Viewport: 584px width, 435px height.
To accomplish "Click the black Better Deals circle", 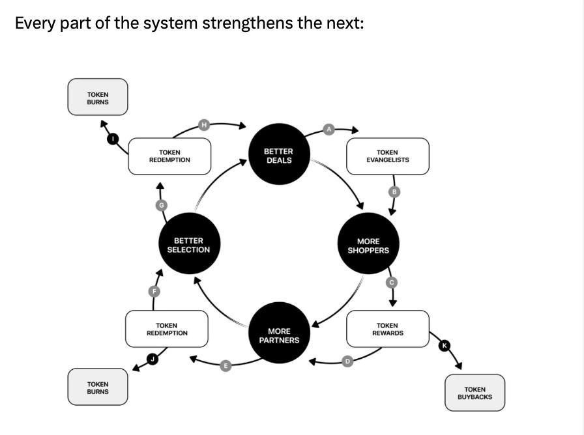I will click(x=279, y=156).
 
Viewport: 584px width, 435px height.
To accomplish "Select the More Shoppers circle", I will click(x=368, y=246).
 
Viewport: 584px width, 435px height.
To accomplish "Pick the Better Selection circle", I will click(x=188, y=246).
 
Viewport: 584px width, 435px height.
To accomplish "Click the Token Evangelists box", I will click(x=388, y=156).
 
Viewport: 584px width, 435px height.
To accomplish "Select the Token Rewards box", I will click(x=388, y=329).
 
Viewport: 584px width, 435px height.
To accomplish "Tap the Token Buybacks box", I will click(x=474, y=393).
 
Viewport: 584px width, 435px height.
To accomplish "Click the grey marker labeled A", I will click(x=329, y=130).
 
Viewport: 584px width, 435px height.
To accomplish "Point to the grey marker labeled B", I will click(x=394, y=191).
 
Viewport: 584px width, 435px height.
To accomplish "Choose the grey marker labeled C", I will click(x=392, y=282).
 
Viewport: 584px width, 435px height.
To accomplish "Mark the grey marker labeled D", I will click(x=347, y=361).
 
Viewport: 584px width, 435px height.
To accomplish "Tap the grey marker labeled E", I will click(x=226, y=366).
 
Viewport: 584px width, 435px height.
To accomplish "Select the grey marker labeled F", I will click(x=154, y=291).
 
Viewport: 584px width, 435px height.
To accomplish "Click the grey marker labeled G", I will click(x=161, y=205).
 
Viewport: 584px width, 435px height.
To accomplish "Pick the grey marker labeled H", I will click(x=204, y=124).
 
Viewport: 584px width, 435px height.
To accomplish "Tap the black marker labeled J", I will click(x=153, y=358).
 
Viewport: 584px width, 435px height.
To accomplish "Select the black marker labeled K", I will click(x=445, y=346).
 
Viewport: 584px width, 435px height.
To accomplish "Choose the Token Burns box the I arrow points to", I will click(x=98, y=98).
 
